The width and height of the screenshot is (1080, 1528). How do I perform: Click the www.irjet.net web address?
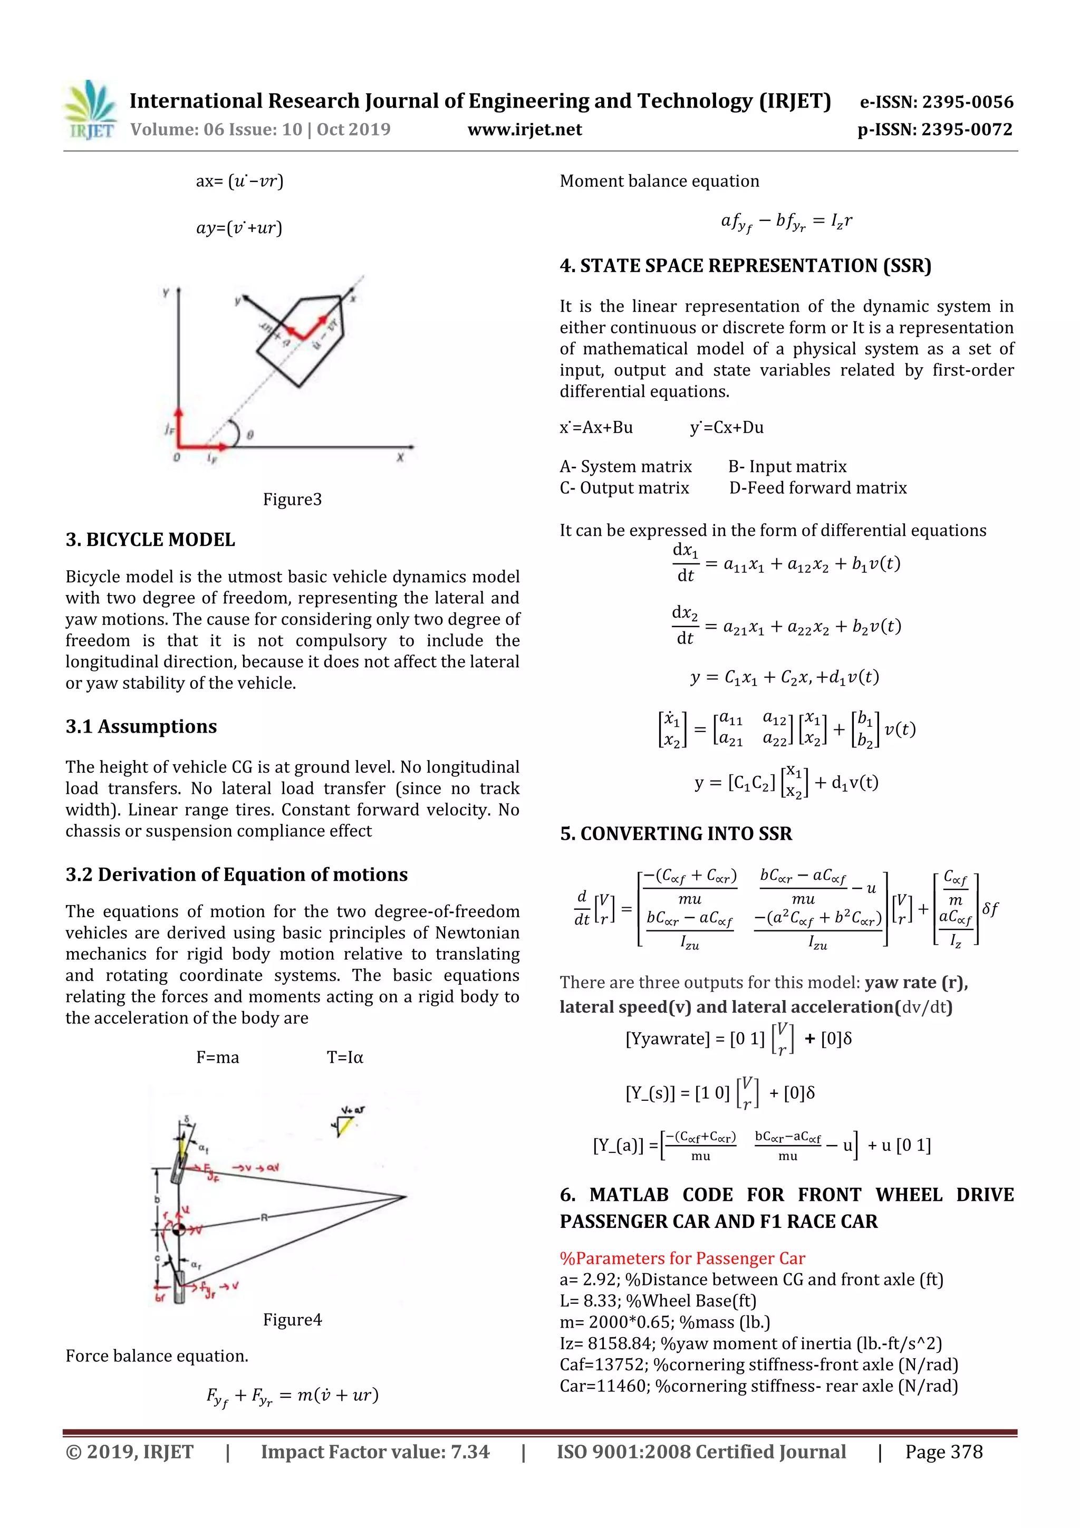point(524,130)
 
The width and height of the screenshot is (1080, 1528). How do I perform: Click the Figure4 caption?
point(292,1319)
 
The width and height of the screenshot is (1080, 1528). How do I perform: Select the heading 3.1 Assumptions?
point(141,726)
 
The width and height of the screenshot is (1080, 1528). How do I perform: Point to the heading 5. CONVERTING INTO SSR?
point(676,834)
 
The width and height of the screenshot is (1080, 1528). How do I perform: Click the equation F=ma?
point(218,1058)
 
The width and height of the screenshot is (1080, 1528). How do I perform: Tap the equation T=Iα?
point(345,1058)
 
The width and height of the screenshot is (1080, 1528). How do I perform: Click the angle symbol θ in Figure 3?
point(250,435)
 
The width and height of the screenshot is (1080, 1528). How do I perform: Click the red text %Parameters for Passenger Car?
point(682,1258)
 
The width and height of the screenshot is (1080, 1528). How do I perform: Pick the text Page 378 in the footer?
point(943,1452)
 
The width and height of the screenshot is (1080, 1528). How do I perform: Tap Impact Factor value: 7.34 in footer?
point(374,1452)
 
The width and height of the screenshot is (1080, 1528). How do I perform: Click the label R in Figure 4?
point(264,1217)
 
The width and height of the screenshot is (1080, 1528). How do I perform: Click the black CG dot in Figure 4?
point(178,1228)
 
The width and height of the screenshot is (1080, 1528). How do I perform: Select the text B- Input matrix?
point(787,466)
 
